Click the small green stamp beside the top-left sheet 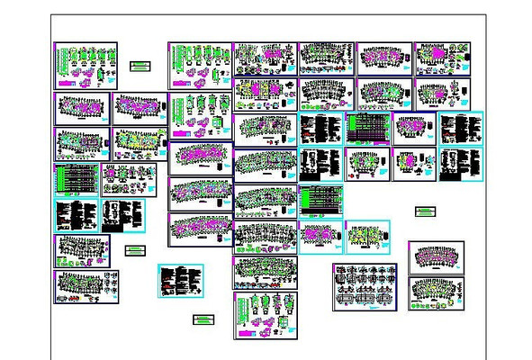click(x=139, y=66)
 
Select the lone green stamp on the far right click(x=425, y=211)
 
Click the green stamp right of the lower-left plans click(x=136, y=249)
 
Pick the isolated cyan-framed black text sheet click(x=181, y=280)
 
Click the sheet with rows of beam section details click(x=365, y=287)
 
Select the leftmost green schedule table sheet click(x=76, y=179)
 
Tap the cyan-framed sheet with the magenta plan click(x=321, y=236)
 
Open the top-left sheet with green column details click(x=86, y=65)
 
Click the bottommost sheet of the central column click(x=265, y=315)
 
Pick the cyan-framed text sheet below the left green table click(x=76, y=215)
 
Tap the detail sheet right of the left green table click(x=128, y=179)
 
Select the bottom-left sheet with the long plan click(x=86, y=287)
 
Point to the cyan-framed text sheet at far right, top click(x=461, y=129)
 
